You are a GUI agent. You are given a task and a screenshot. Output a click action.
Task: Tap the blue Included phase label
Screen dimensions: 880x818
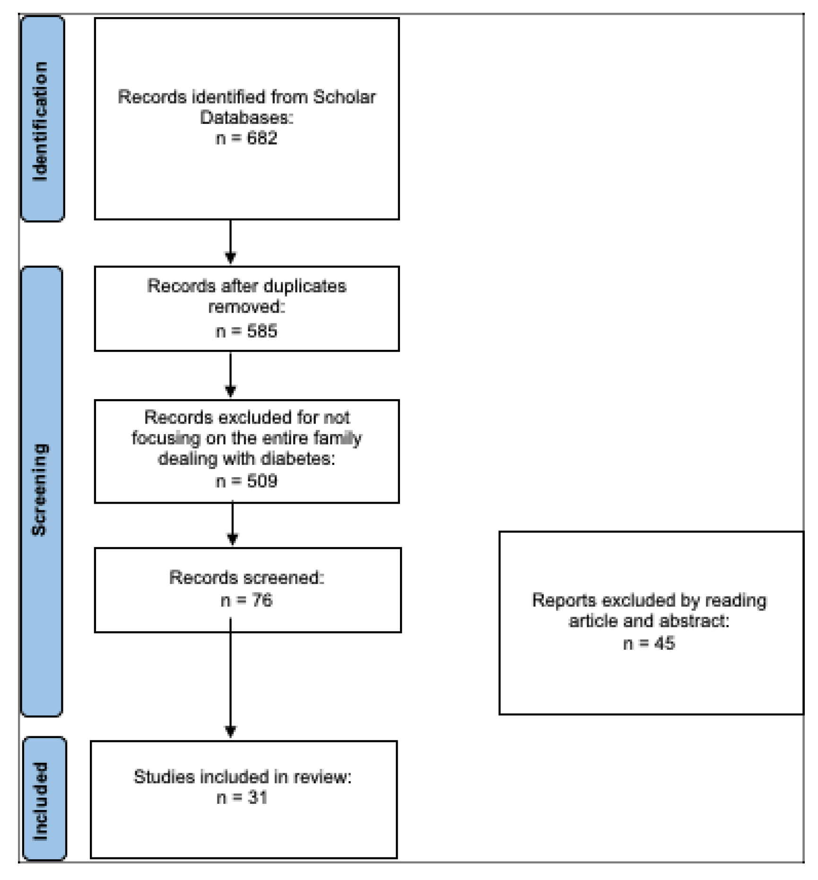click(44, 799)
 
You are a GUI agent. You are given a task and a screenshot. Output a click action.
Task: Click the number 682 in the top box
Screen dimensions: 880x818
click(261, 139)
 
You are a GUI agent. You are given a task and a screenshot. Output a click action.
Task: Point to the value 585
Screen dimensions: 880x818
click(261, 331)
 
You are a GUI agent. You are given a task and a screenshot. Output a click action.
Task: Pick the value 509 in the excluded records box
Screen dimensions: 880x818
click(261, 481)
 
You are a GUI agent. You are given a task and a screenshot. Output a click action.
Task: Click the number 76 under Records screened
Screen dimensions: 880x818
click(262, 601)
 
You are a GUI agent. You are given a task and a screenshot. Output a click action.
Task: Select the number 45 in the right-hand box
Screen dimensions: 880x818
click(664, 644)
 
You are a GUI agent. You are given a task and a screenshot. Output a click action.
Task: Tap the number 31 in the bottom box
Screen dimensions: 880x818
click(258, 798)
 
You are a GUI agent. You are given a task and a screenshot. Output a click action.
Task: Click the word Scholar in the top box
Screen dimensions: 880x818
click(344, 97)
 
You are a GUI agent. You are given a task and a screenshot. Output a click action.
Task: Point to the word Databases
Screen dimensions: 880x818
click(246, 118)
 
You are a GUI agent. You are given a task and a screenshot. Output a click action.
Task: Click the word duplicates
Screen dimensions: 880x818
click(305, 287)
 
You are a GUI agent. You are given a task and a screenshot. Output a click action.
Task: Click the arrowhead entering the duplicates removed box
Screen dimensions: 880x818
click(230, 258)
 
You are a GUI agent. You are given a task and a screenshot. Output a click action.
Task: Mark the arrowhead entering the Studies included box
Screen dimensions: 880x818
click(230, 732)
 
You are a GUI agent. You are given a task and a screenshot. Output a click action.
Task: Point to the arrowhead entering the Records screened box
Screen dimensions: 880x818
click(232, 539)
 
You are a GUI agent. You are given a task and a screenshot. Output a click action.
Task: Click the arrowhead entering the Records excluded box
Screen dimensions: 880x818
click(230, 391)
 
